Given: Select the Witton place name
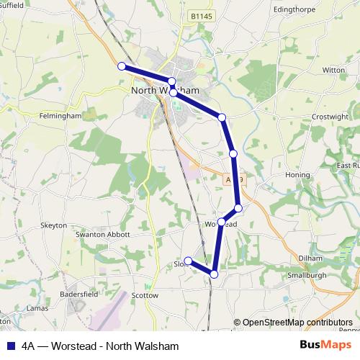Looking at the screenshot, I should point(333,70).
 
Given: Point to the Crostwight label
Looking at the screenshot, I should point(330,117).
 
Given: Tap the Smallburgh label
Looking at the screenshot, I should point(307,275).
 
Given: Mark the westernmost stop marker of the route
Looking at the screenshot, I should point(122,66).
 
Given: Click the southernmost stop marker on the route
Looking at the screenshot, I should point(214,274).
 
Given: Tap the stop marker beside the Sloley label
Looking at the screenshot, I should point(188,261).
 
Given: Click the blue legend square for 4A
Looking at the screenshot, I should point(9,346).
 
